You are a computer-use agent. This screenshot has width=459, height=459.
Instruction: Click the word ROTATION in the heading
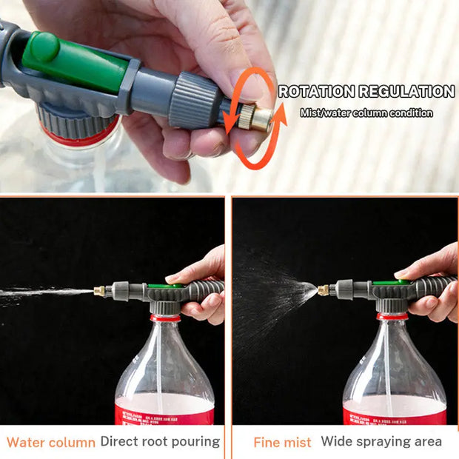click(x=317, y=92)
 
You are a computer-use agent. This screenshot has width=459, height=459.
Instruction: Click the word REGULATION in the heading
click(x=406, y=92)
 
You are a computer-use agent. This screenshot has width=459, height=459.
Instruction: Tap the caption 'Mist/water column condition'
click(x=366, y=113)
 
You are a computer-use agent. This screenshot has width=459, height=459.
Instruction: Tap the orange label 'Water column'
click(x=51, y=443)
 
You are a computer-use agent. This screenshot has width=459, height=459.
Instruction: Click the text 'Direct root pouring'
click(x=160, y=442)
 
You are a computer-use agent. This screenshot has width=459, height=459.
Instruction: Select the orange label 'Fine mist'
click(x=282, y=443)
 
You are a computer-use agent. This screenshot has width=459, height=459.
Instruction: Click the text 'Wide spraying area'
click(x=381, y=442)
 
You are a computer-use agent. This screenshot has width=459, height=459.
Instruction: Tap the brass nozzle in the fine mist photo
click(x=323, y=290)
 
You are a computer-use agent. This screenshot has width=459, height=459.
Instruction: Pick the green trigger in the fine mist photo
click(x=386, y=282)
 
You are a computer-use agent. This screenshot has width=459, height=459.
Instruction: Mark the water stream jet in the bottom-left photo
click(x=44, y=294)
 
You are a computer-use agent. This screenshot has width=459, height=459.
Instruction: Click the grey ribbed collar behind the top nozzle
click(x=196, y=100)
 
